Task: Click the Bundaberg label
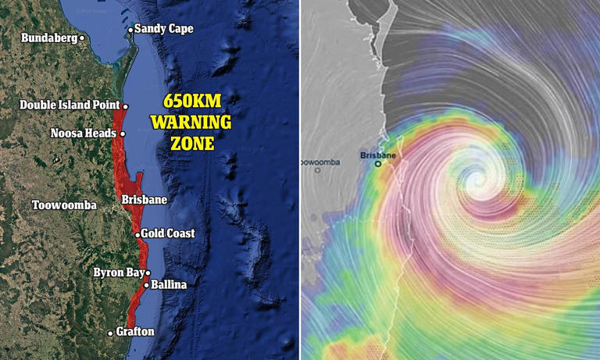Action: pos(48,37)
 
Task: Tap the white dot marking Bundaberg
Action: pos(82,37)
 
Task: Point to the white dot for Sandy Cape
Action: pos(130,30)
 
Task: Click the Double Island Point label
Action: pos(70,105)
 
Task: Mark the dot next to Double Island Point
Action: pos(125,105)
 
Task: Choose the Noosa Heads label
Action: pos(84,133)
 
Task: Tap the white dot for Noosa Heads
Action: pos(123,134)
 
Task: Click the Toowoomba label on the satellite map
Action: pos(64,205)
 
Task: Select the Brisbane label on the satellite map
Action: pos(144,200)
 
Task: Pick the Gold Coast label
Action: pos(167,233)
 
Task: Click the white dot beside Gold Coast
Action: pos(137,234)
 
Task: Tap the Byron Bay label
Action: pos(118,273)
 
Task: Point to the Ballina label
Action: pos(169,285)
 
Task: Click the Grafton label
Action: pos(134,332)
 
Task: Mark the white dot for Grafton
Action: pos(110,333)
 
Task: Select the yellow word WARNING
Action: pos(191,123)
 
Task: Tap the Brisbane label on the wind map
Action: pos(378,155)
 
